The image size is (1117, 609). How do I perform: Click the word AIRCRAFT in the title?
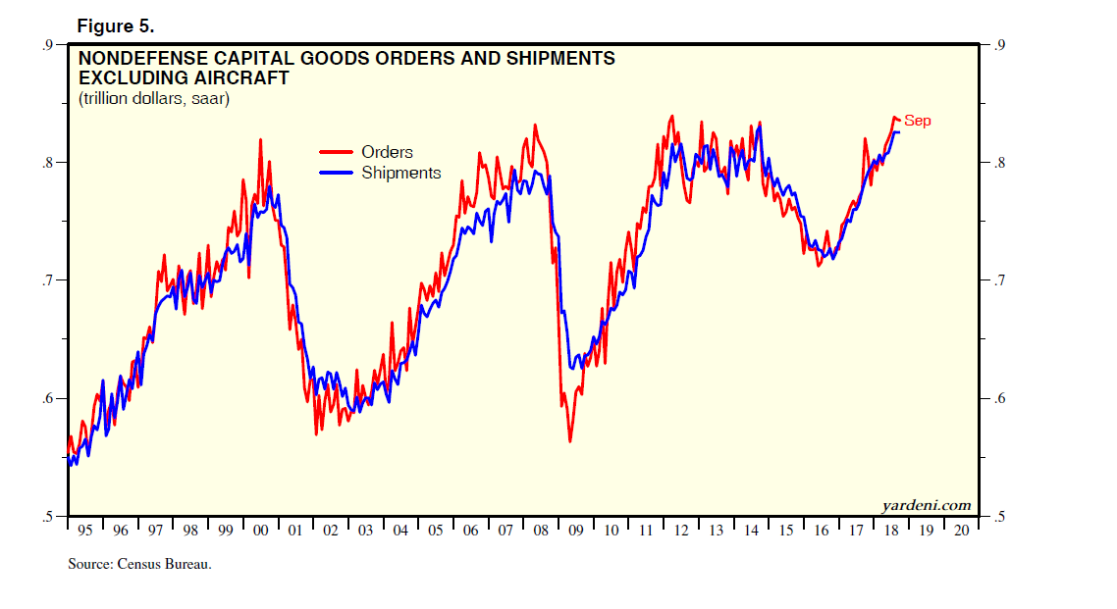(241, 77)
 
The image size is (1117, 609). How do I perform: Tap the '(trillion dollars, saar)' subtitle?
(154, 99)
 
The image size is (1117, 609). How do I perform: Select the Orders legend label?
(387, 152)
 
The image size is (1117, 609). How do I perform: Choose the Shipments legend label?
(400, 173)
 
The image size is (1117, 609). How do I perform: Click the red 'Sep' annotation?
(917, 121)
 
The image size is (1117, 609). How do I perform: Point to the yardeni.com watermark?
(926, 505)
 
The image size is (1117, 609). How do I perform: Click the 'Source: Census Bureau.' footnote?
(139, 564)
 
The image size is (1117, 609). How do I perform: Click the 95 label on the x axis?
(84, 531)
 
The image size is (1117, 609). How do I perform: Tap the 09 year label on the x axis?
(575, 531)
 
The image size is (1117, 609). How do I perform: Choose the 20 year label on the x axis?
(962, 531)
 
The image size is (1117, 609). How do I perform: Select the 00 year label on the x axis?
(260, 531)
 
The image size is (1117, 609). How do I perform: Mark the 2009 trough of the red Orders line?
(570, 441)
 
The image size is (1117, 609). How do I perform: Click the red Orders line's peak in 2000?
(260, 139)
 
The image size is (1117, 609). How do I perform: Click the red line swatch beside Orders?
(337, 152)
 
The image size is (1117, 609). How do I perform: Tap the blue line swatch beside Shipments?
(337, 173)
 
